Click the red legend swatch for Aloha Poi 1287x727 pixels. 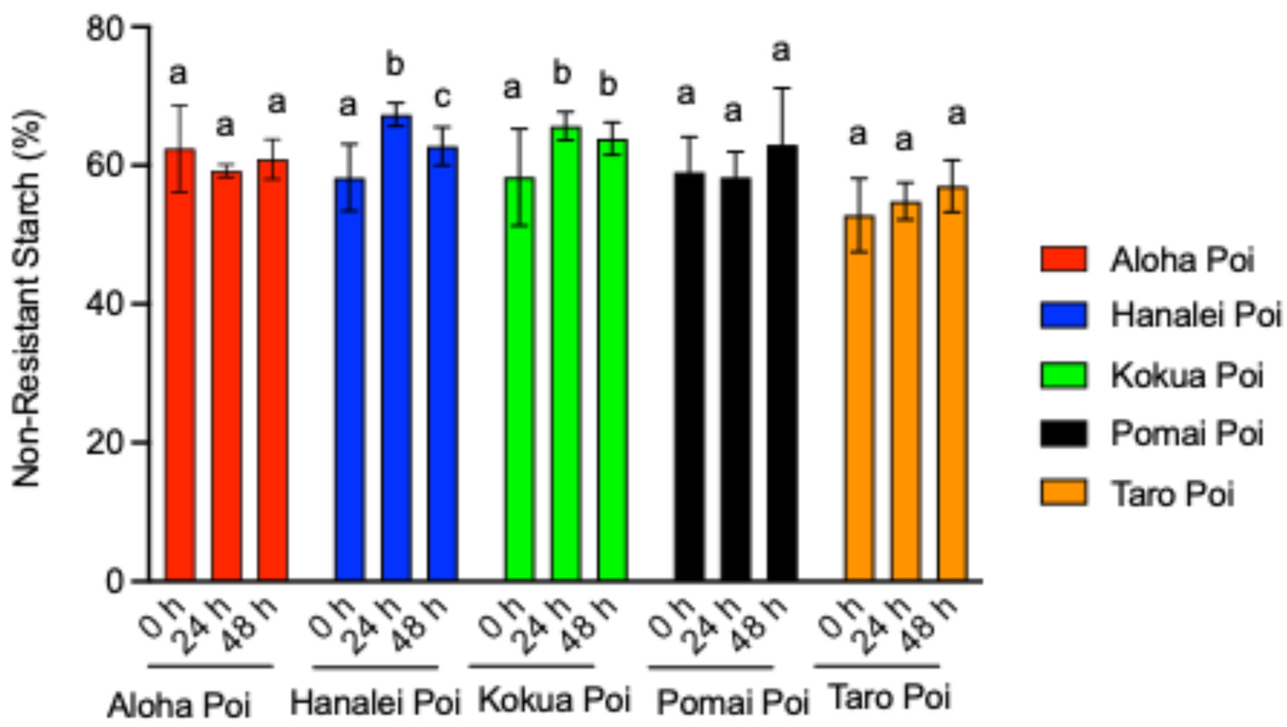[x=1063, y=259]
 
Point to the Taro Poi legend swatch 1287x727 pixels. [x=1063, y=493]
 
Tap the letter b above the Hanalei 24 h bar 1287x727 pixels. [x=395, y=65]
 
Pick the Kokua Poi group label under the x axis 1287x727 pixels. [x=555, y=700]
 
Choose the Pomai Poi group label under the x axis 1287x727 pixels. [x=732, y=702]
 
